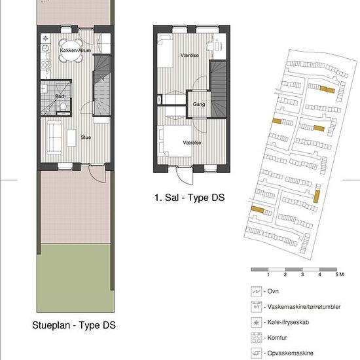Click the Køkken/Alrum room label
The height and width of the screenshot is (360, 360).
(75, 50)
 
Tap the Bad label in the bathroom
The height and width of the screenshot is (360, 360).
(60, 96)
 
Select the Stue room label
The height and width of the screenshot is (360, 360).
(86, 137)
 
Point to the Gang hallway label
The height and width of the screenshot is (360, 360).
(199, 104)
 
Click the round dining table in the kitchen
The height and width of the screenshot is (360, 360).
(71, 51)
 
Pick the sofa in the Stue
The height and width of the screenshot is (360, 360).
(54, 137)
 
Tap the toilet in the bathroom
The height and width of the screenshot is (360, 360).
(63, 106)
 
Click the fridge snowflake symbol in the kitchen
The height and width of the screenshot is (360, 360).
(45, 38)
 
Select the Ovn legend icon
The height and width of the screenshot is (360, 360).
(256, 291)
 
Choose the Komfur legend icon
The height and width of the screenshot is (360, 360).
(256, 338)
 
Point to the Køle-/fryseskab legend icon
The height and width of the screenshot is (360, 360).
(256, 322)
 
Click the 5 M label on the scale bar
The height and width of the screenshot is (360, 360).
(340, 274)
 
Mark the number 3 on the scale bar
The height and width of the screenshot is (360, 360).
(302, 274)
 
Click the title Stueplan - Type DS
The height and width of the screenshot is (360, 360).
(74, 325)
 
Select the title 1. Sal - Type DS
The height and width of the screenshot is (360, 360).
(189, 198)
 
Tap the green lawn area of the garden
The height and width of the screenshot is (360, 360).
(76, 278)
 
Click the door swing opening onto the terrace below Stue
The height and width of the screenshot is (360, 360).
(97, 173)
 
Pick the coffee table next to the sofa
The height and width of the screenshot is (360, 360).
(71, 137)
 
